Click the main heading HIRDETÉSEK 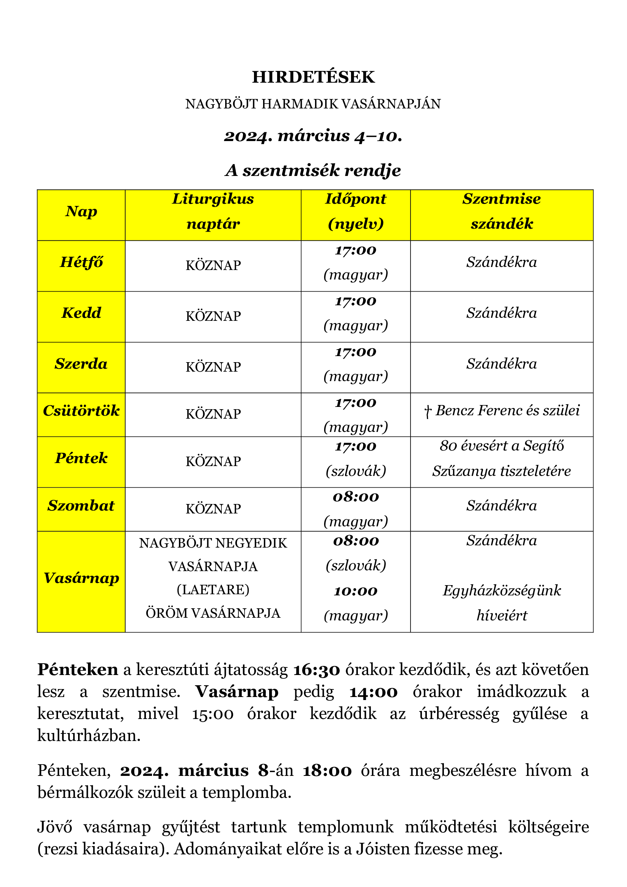(x=313, y=77)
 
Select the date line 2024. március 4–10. (x=313, y=136)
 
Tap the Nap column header (x=81, y=212)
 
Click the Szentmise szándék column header (x=502, y=211)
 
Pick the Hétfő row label (x=81, y=262)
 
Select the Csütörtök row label (x=81, y=411)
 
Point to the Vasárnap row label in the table (x=81, y=578)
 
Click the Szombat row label (x=81, y=506)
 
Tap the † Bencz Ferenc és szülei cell (x=502, y=411)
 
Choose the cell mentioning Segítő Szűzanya (x=502, y=458)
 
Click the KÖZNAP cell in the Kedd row (x=213, y=316)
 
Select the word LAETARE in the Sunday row (x=213, y=590)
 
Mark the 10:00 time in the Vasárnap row (x=356, y=592)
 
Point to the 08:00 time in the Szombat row (x=356, y=497)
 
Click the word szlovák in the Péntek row (x=356, y=471)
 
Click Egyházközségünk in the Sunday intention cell (x=502, y=591)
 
